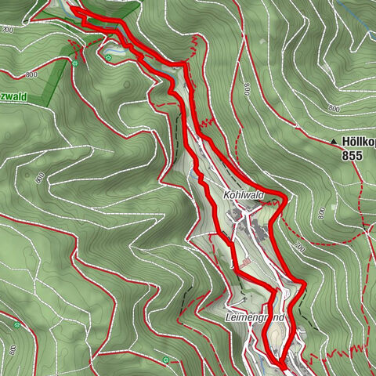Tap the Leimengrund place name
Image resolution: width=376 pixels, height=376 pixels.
(x=253, y=319)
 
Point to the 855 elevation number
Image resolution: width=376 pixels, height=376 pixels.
(x=352, y=156)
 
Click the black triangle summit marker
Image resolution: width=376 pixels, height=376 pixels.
(x=334, y=142)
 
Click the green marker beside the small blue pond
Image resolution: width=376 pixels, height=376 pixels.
(x=109, y=56)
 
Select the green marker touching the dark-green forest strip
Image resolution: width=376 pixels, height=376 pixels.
(x=74, y=60)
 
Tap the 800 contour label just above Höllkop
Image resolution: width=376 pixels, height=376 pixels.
(x=334, y=107)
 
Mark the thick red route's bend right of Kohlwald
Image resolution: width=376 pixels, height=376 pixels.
(x=284, y=201)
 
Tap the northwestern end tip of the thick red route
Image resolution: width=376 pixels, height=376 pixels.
(x=71, y=8)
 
